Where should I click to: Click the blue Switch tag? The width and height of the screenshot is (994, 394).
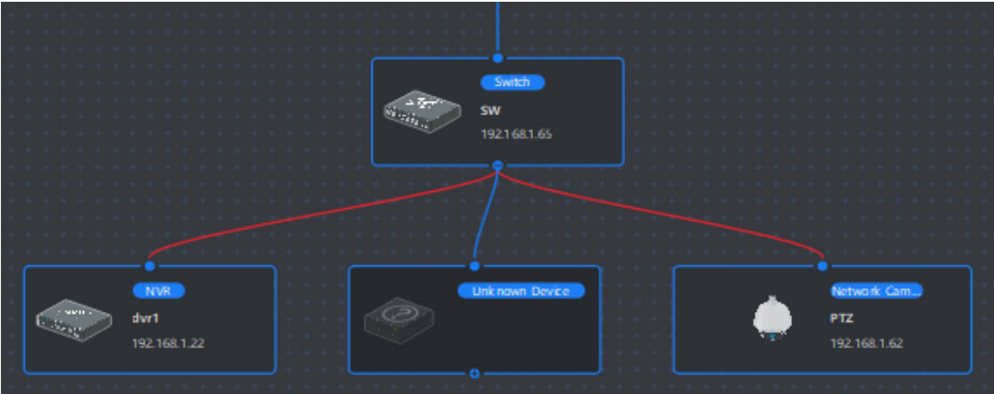click(513, 82)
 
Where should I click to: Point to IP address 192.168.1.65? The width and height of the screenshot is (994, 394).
click(516, 135)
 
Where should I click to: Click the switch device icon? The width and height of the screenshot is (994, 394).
click(423, 109)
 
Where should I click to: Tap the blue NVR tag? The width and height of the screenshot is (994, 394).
click(158, 290)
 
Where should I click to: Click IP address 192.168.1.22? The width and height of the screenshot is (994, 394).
click(168, 342)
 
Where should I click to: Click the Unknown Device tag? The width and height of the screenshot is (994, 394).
click(521, 290)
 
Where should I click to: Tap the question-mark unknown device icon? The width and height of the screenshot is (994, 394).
click(399, 318)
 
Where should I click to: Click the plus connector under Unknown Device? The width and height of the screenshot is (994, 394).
click(474, 373)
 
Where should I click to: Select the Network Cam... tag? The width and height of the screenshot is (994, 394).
click(875, 290)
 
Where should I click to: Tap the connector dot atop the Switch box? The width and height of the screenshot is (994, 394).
click(498, 58)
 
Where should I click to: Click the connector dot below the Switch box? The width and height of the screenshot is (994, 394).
click(498, 165)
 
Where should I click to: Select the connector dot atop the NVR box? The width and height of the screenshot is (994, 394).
click(150, 265)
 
